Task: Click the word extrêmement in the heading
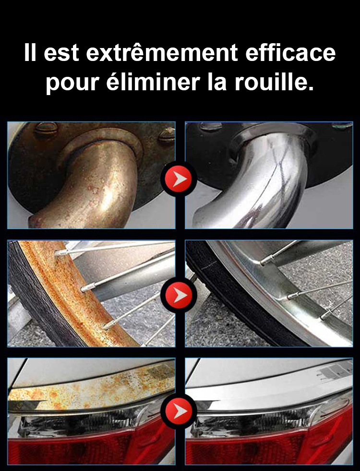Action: point(162,53)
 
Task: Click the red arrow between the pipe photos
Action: point(179,179)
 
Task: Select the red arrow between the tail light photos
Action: point(179,411)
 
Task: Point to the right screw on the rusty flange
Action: point(167,135)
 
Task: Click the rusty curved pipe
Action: point(90,186)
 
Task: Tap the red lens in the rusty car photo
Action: point(90,446)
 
